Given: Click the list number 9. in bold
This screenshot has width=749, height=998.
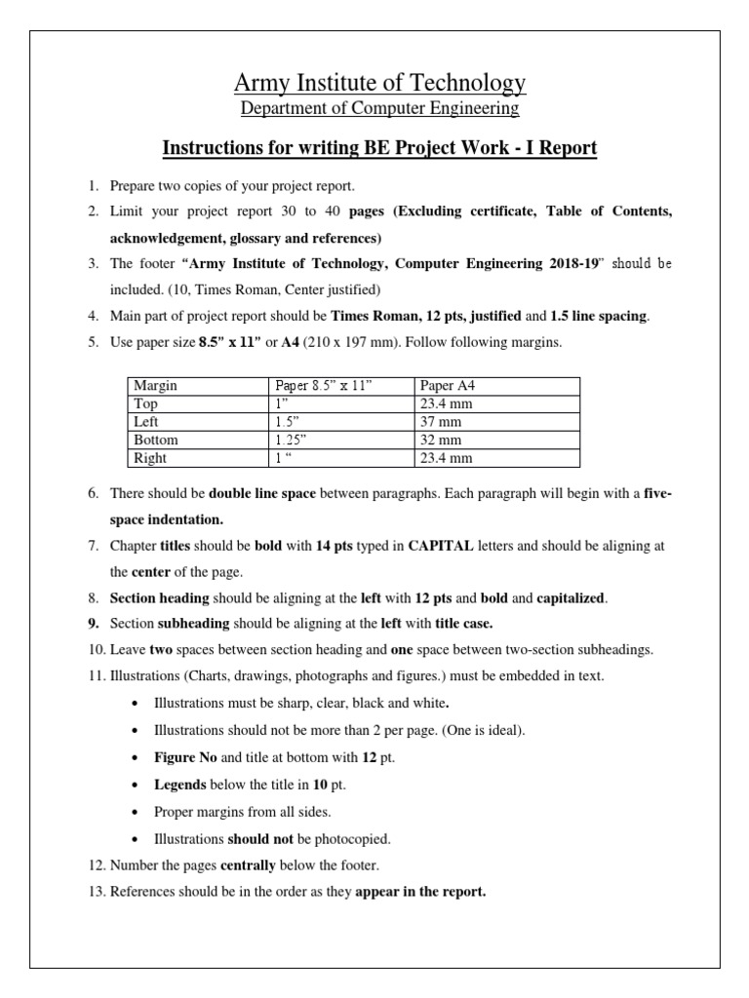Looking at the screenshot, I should pos(94,623).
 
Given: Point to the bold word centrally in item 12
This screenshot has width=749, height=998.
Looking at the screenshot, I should pos(254,863).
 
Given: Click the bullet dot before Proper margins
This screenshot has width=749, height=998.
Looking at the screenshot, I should pos(134,811).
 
